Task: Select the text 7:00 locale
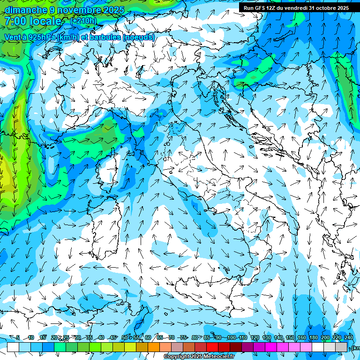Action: click(x=34, y=22)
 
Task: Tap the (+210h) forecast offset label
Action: click(x=83, y=21)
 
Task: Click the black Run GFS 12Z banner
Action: click(x=296, y=8)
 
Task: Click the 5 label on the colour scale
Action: click(x=18, y=337)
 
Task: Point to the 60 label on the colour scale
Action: click(x=148, y=337)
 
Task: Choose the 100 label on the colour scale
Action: click(x=231, y=337)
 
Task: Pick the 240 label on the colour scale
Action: click(x=348, y=337)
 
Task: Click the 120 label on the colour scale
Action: click(x=255, y=337)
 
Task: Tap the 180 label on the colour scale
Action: click(x=313, y=337)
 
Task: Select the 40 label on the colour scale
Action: click(x=101, y=337)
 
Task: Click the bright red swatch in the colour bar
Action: click(x=212, y=347)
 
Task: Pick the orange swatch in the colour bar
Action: click(x=154, y=347)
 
